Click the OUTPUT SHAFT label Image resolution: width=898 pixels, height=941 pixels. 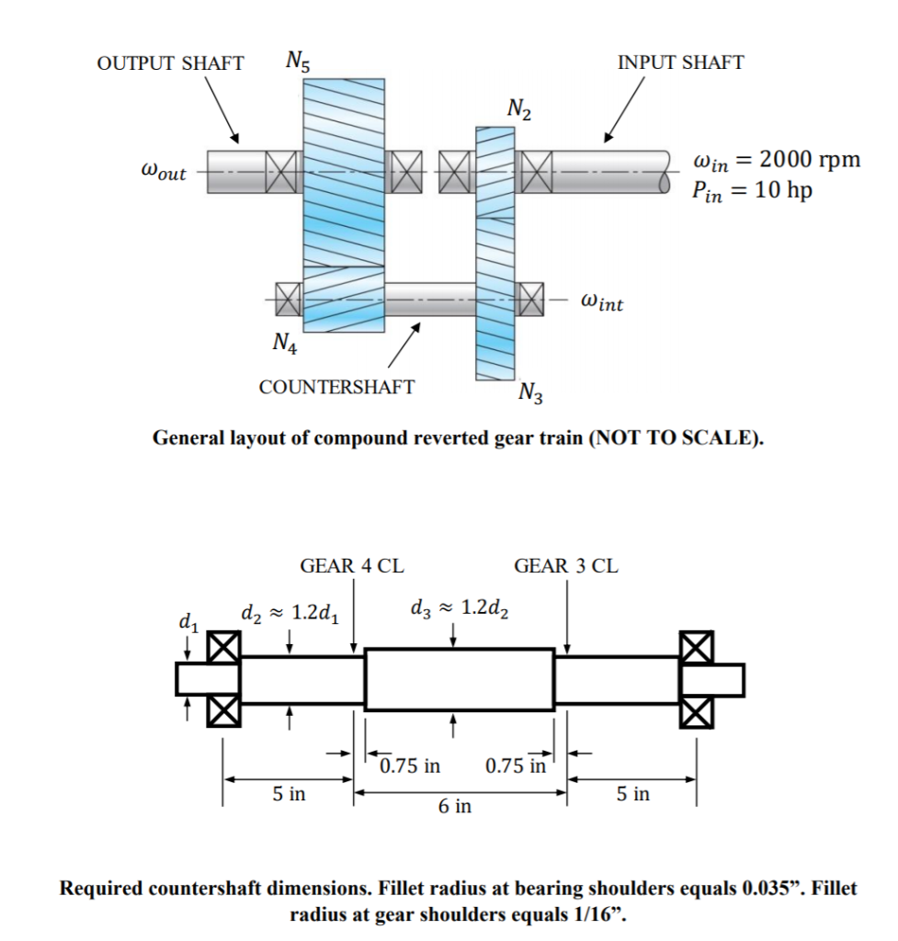tap(170, 63)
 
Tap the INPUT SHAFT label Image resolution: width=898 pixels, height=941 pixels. tap(680, 62)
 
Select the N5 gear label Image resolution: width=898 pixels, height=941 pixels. tap(298, 62)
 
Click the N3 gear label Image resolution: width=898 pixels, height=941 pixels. tap(530, 394)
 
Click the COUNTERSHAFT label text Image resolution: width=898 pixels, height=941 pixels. tap(336, 387)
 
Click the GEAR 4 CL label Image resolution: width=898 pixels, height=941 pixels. tap(352, 566)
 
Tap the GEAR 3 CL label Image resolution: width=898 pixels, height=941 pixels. tap(566, 566)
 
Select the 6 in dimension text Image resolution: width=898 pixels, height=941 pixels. tap(455, 806)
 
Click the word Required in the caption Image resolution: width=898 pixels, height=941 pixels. tap(108, 889)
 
